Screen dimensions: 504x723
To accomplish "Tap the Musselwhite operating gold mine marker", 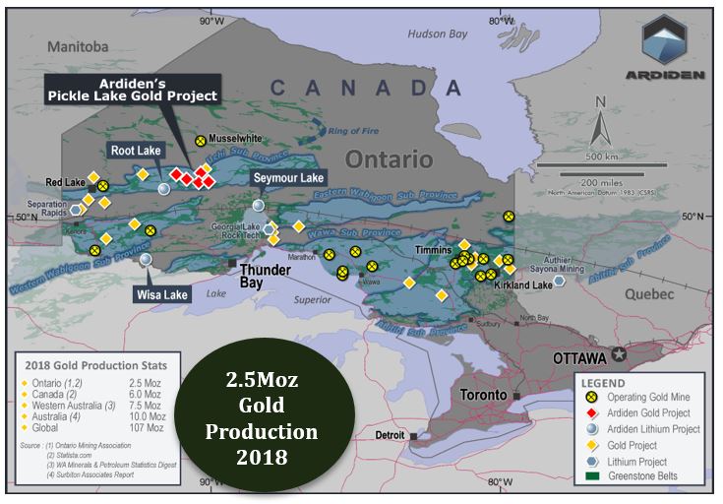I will [x=201, y=141].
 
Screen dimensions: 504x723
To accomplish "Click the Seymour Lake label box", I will [x=287, y=178].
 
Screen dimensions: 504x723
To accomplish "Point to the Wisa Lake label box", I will [x=162, y=294].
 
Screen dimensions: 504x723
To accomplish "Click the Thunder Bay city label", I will [x=266, y=276].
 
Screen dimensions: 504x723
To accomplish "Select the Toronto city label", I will [x=485, y=395].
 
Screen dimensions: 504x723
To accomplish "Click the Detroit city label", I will [x=390, y=435].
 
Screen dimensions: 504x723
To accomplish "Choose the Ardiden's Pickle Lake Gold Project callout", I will [x=134, y=90].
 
